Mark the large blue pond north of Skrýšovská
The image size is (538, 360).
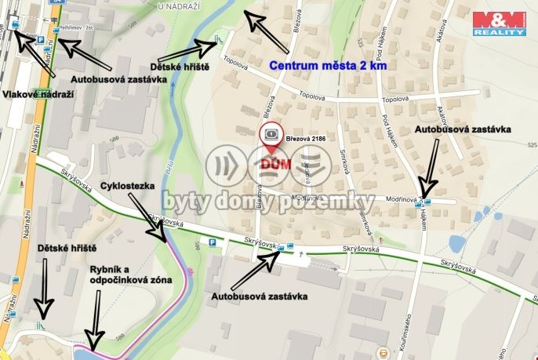coord(456,245)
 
